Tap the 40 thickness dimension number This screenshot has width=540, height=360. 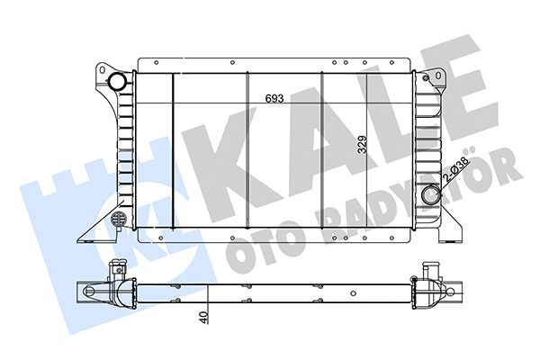point(205,318)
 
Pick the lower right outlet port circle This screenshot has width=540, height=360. point(431,194)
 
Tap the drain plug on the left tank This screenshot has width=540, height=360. point(116,220)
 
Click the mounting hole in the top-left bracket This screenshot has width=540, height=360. point(105,71)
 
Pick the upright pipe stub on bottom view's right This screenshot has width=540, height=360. point(427,270)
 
